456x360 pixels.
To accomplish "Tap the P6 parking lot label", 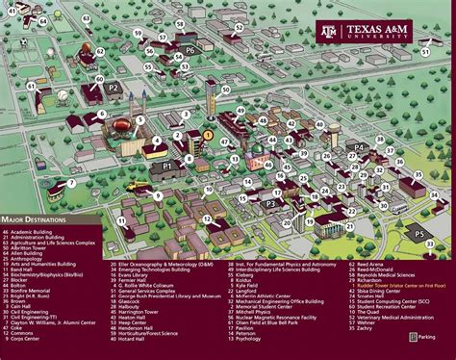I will (190, 49).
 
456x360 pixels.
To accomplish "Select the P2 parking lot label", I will (113, 87).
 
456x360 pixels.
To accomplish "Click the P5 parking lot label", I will (418, 234).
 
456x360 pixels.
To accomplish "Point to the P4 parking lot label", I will (360, 147).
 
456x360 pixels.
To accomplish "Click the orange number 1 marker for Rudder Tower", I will (207, 136).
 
